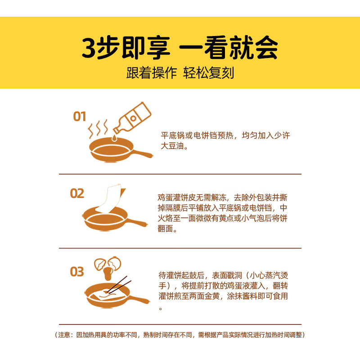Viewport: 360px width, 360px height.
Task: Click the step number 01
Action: coord(79,117)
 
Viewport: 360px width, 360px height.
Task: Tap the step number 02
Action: coord(77,193)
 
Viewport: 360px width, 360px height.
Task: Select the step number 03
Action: coord(77,272)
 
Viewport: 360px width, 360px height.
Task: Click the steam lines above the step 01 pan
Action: coord(98,128)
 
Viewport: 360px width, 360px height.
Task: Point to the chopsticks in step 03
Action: coord(119,285)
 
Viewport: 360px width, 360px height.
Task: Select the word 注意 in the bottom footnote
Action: coord(64,335)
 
